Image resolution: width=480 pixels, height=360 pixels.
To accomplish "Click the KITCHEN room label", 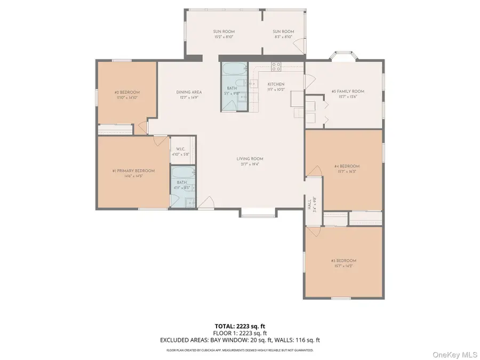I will click(276, 84).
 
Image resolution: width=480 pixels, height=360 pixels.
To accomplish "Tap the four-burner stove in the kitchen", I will click(276, 67).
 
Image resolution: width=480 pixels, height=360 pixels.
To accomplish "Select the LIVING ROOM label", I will click(250, 158).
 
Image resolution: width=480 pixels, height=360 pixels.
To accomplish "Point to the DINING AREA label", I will click(189, 92).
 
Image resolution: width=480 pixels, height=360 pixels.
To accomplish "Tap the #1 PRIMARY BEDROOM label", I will click(133, 171).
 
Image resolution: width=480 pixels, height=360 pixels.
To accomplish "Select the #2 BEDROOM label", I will click(126, 92).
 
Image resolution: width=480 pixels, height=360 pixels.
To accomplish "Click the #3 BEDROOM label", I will click(343, 260).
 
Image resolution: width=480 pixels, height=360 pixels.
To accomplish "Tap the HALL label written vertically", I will click(309, 204).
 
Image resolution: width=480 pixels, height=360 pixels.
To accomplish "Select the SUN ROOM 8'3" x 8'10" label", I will click(283, 31).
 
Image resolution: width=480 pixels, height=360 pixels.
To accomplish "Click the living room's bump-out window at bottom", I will click(258, 214).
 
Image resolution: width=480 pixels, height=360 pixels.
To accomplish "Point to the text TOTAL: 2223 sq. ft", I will click(239, 325).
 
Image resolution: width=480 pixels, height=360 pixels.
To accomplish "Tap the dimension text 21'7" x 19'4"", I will click(250, 164).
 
